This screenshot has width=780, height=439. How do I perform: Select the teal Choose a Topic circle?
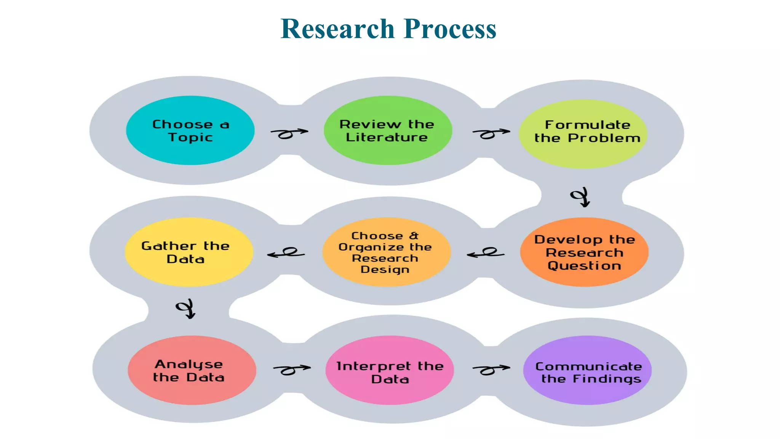[x=190, y=130]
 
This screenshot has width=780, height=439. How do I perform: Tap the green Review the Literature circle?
[x=387, y=130]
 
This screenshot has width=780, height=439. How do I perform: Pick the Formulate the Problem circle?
[x=583, y=133]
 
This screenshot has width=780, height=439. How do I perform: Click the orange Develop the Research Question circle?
[x=584, y=252]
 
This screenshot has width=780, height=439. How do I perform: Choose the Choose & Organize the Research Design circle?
[x=386, y=252]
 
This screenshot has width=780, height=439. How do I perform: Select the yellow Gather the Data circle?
[x=189, y=252]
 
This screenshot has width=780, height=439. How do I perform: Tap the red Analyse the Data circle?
[x=192, y=370]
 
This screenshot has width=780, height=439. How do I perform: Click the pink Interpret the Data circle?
[x=389, y=370]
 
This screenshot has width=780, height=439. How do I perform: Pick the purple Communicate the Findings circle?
[x=587, y=370]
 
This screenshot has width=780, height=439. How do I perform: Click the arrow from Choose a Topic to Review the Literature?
[x=289, y=133]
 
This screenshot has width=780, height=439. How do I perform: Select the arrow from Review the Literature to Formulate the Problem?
[x=491, y=133]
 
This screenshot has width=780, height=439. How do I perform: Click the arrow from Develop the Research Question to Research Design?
[x=486, y=253]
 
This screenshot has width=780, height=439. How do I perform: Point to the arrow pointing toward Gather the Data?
[x=286, y=253]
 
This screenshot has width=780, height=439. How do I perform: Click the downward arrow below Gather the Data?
[x=186, y=309]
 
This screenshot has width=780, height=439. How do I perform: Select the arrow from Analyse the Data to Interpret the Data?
[x=291, y=369]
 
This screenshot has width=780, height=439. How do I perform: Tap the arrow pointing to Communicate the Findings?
[x=491, y=369]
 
